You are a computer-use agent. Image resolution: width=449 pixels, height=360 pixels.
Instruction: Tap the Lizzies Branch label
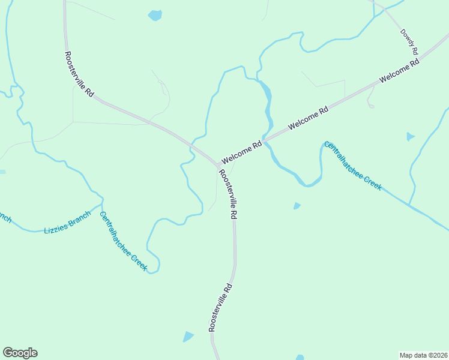67,222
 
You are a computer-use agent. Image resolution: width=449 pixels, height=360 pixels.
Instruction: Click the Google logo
20,353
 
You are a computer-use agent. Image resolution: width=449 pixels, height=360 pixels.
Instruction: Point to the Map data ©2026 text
424,355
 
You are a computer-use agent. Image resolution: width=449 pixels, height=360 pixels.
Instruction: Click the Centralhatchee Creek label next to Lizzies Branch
123,241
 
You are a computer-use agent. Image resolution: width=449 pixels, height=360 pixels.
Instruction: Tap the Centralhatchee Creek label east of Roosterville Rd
352,166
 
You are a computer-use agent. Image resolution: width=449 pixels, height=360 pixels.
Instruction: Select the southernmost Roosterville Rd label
220,308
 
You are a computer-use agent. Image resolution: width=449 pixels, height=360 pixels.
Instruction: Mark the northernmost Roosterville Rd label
79,75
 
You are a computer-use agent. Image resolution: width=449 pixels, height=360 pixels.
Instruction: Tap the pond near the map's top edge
155,15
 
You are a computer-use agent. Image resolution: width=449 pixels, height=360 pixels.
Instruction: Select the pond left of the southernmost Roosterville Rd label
188,337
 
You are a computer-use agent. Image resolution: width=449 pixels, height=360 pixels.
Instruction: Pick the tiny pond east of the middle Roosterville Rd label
297,206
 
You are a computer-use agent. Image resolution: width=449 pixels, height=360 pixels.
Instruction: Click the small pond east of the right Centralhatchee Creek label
410,136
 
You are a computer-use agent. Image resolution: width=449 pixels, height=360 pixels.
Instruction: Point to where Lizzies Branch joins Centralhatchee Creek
101,204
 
